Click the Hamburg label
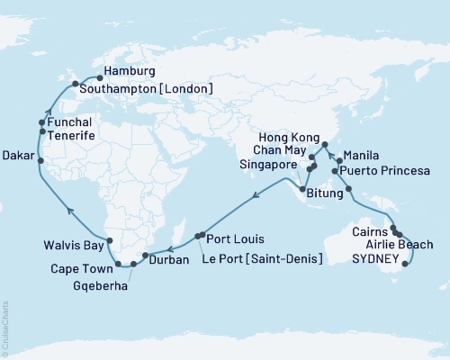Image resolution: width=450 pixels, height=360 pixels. tap(130, 71)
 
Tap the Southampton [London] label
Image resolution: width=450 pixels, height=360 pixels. tap(146, 88)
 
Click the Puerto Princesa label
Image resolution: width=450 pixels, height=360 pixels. tap(382, 170)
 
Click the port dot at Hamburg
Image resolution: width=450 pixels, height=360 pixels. tap(99, 78)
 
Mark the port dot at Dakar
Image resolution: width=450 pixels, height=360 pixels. tap(40, 157)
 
